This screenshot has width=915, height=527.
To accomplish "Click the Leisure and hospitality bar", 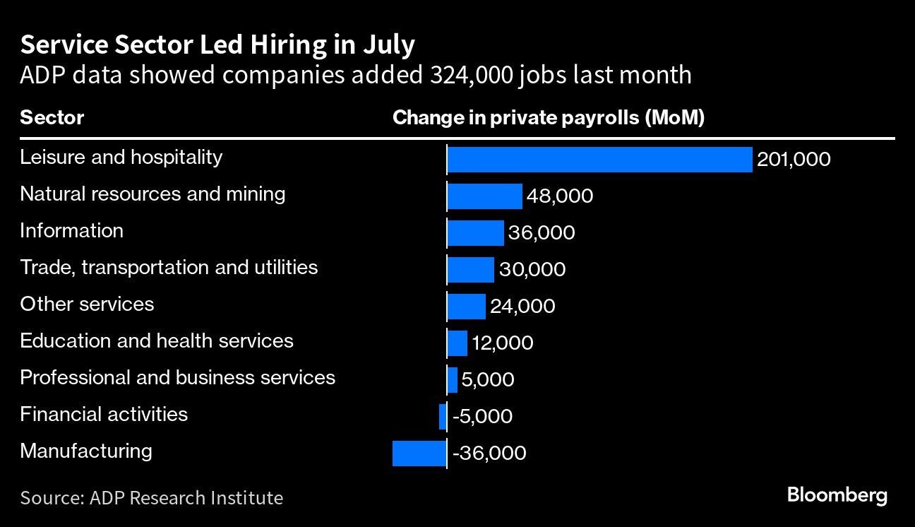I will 599,160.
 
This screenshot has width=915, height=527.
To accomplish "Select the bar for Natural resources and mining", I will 484,196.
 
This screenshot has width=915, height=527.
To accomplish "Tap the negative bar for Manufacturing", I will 419,453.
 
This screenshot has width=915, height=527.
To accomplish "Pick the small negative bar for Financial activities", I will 443,417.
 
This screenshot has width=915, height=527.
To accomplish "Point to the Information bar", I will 475,232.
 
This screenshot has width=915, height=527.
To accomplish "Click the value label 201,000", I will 794,160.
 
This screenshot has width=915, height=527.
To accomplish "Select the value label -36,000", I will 489,453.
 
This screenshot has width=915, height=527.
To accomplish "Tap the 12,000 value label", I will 502,343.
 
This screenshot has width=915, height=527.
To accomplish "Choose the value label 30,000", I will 532,269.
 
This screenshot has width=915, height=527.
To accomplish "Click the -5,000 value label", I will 483,417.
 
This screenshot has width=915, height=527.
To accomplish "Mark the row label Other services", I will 87,304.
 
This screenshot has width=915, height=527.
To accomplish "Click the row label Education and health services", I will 156,341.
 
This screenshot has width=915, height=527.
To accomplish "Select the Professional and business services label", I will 177,378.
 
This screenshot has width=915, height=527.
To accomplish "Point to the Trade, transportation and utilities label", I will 169,268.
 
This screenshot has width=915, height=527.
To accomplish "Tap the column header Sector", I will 52,117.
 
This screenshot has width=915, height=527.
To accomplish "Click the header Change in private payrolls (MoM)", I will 548,117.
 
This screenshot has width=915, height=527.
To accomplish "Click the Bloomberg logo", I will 837,495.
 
